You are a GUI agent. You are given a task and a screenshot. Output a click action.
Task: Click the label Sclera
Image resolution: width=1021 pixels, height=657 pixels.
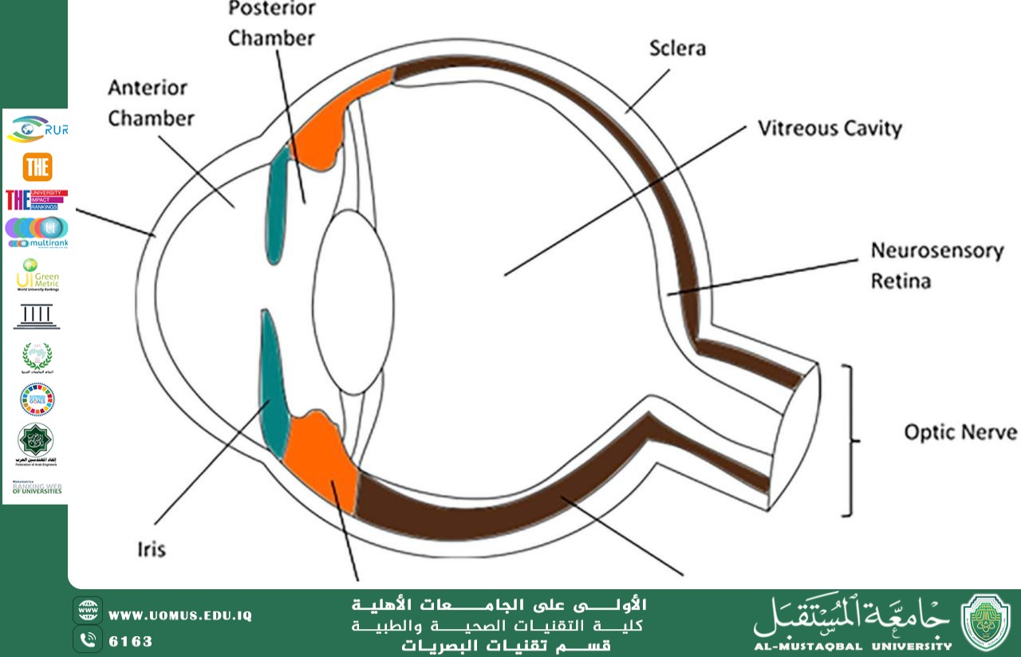point(676,49)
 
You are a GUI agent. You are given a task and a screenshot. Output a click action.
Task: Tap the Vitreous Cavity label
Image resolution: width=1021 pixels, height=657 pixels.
point(830,128)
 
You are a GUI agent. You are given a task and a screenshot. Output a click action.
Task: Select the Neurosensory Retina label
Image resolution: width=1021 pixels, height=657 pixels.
point(936,266)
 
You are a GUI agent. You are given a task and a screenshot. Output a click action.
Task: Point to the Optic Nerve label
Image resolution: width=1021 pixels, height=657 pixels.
point(960,432)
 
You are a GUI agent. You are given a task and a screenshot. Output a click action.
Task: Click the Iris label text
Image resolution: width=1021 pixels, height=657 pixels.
point(151,549)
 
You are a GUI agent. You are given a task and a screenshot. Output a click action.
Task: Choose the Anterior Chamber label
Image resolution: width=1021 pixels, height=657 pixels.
point(151,103)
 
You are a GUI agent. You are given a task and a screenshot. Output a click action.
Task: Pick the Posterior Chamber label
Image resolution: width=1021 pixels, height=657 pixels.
point(271,24)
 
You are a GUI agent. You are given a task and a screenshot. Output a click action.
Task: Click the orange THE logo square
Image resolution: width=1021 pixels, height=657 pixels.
point(37,167)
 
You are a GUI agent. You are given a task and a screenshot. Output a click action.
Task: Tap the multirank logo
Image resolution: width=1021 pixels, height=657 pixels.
point(37,232)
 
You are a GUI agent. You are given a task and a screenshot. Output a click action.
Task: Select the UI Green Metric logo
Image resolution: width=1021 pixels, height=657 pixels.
point(37,275)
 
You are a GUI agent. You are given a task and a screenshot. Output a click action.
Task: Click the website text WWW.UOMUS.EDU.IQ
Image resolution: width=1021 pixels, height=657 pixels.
point(180,616)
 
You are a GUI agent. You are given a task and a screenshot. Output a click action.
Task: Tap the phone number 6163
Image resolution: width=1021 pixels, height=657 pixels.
point(130,641)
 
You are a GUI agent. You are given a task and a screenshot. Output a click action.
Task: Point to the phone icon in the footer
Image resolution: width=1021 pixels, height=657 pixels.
point(88,639)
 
